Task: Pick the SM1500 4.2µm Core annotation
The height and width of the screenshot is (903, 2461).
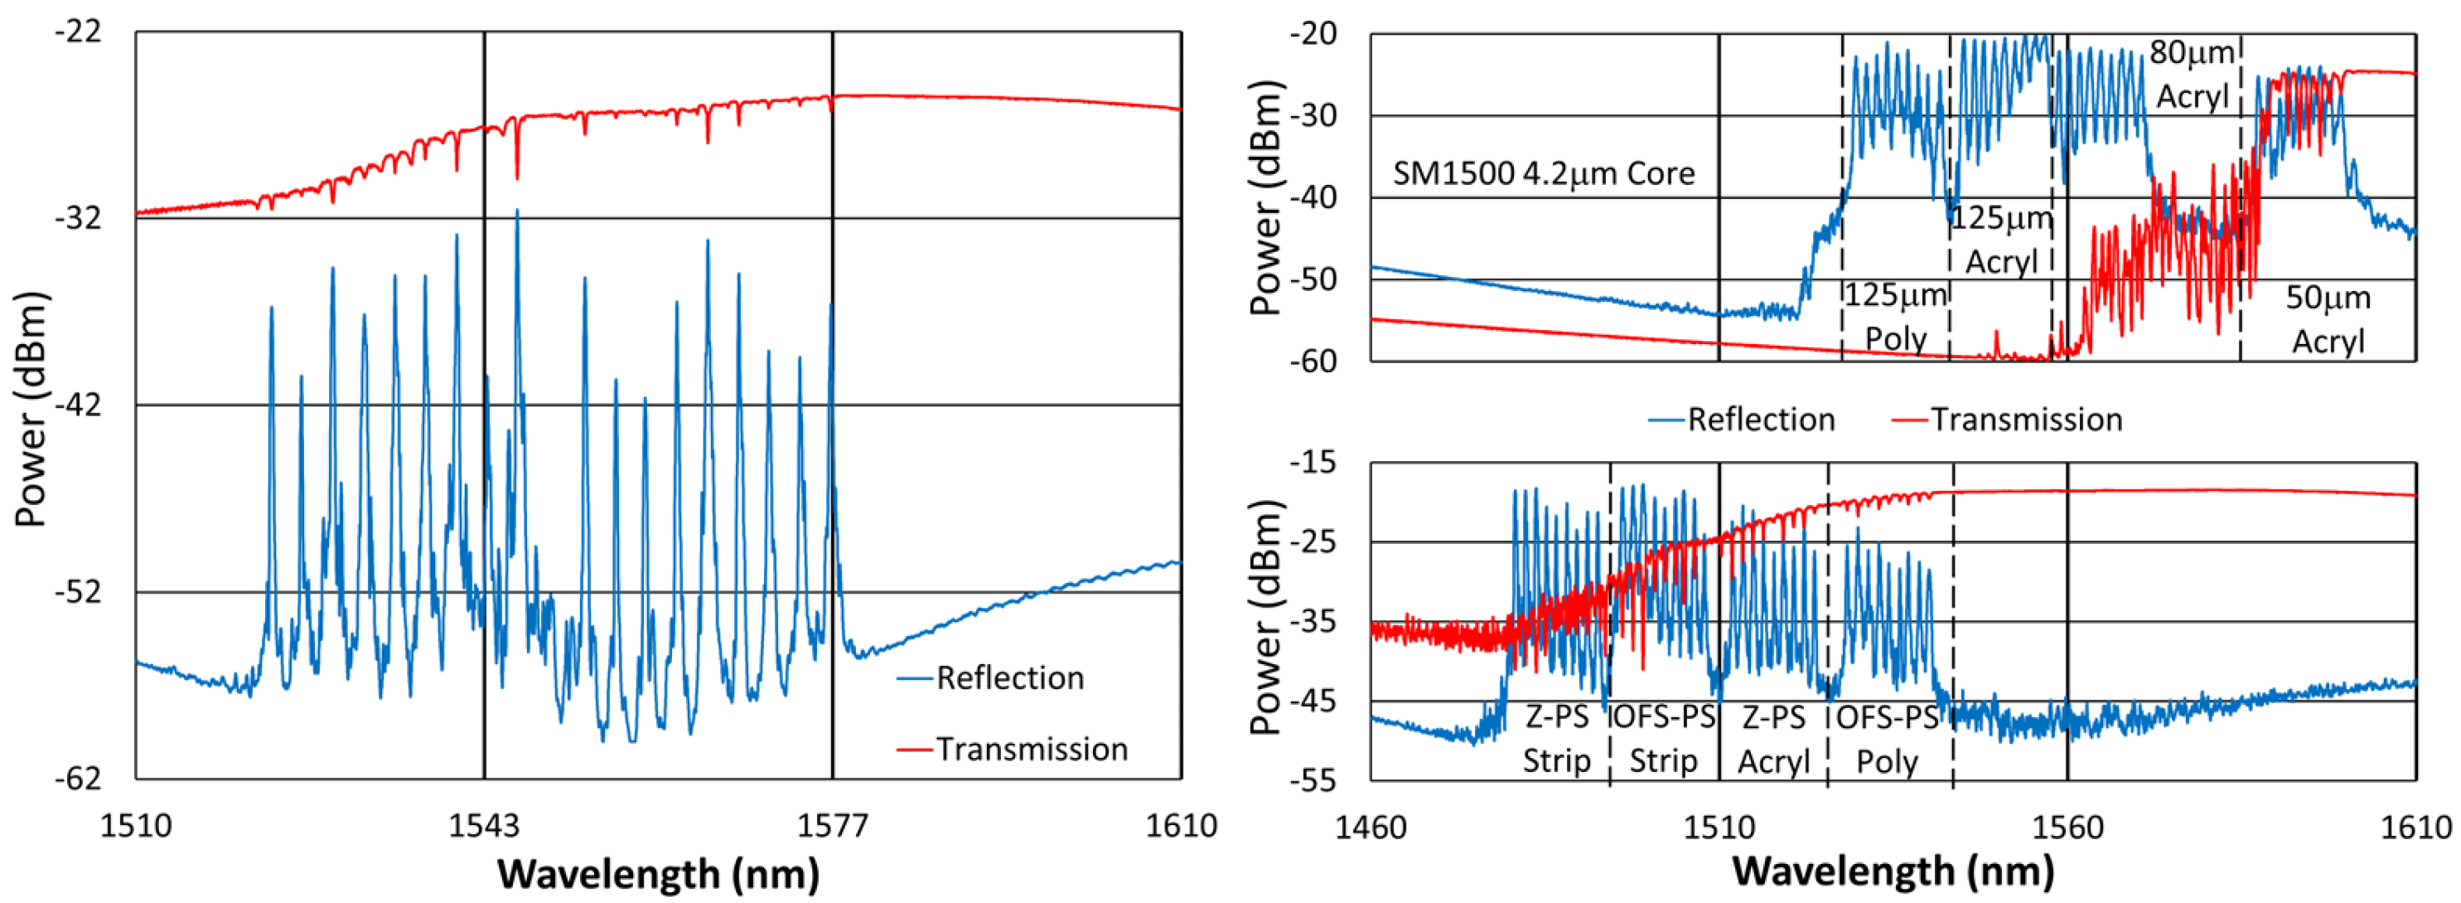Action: [x=1543, y=173]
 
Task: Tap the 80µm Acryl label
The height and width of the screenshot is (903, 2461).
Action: [x=2192, y=75]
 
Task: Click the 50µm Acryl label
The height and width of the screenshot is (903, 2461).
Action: [x=2328, y=319]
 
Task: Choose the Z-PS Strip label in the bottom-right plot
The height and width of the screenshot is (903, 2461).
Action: [x=1556, y=739]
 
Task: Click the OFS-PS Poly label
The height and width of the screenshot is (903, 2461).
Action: [x=1887, y=739]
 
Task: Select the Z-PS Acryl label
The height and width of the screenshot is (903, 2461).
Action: [x=1773, y=739]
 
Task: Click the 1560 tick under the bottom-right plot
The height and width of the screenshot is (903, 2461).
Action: [x=2068, y=826]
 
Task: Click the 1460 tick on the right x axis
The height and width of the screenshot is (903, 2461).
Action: [x=1371, y=826]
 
